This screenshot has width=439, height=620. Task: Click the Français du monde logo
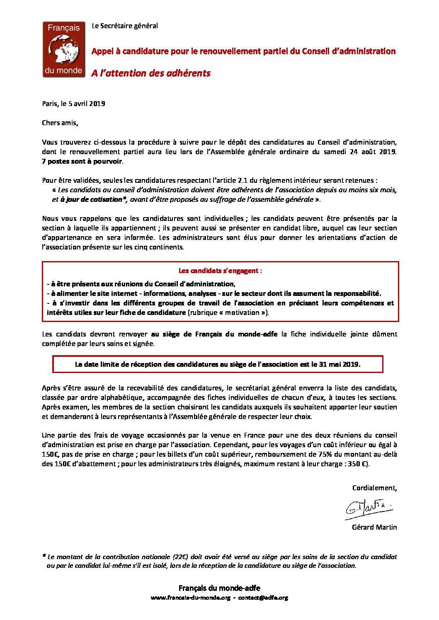(64, 50)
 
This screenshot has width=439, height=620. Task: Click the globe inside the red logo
(64, 49)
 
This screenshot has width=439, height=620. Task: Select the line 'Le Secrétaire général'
(125, 26)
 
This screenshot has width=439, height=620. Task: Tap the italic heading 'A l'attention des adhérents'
(151, 73)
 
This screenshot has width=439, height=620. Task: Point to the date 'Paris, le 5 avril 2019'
(73, 104)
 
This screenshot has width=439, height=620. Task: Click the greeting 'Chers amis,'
(60, 123)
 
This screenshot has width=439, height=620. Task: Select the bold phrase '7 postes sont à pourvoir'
(82, 161)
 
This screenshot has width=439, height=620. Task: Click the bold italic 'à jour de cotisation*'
(93, 199)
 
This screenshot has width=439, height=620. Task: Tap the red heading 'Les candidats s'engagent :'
(220, 271)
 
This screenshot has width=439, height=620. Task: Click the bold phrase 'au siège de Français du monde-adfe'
(214, 334)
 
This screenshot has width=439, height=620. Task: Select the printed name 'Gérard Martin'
(374, 527)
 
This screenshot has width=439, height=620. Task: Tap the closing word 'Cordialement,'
(374, 488)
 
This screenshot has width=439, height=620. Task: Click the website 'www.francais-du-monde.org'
(190, 598)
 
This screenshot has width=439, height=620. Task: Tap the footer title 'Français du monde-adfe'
(219, 588)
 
